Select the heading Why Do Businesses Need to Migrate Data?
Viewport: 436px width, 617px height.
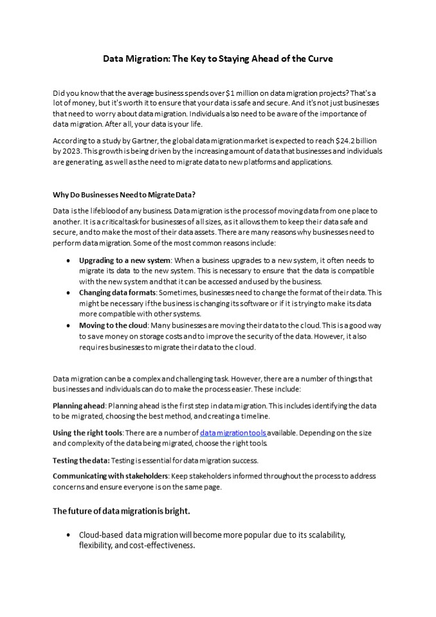pyautogui.click(x=128, y=194)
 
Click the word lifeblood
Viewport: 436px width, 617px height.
pyautogui.click(x=109, y=211)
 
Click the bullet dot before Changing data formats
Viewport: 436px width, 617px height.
pyautogui.click(x=69, y=293)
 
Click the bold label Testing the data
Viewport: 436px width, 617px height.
pyautogui.click(x=81, y=460)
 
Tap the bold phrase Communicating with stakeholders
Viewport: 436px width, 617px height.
pyautogui.click(x=110, y=476)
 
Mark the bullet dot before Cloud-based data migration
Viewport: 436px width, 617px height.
pyautogui.click(x=69, y=535)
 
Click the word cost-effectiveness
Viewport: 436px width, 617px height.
pyautogui.click(x=162, y=546)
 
